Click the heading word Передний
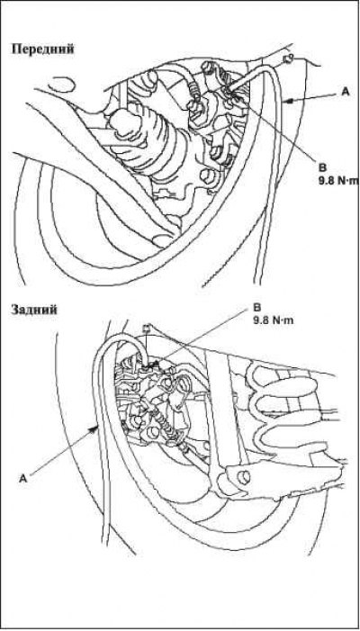tap(42, 50)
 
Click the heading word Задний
tap(34, 310)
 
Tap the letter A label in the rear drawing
tap(22, 478)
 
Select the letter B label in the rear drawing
tap(257, 308)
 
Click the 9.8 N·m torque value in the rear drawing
tap(274, 321)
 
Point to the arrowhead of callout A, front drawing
tap(287, 103)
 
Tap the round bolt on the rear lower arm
tap(244, 477)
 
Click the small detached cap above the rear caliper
tap(148, 329)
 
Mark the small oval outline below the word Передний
tap(62, 85)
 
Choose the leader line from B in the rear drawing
tap(200, 338)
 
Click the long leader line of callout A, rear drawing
tap(62, 452)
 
